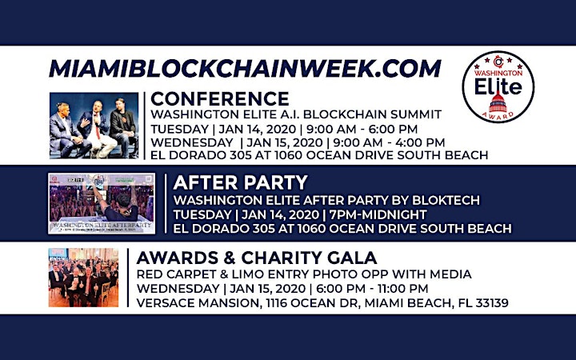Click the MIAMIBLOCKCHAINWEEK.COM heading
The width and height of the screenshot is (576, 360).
[x=245, y=69]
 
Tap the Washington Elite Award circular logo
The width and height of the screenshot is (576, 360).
[x=498, y=86]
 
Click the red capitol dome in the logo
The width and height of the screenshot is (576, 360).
[x=498, y=102]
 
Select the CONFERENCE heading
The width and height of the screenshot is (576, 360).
[x=220, y=99]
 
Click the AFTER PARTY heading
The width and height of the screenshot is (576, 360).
[x=240, y=182]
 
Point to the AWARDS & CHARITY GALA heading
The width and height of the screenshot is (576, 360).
[x=257, y=258]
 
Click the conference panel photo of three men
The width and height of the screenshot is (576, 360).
[x=94, y=126]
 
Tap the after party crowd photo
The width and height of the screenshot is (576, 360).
[x=102, y=203]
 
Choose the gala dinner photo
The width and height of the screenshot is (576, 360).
[x=83, y=278]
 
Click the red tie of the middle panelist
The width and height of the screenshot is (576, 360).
[x=98, y=130]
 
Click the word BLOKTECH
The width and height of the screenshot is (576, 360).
[x=446, y=200]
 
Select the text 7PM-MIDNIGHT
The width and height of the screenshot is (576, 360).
[x=378, y=214]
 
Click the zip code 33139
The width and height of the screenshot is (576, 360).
[x=492, y=303]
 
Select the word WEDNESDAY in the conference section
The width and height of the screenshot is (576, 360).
[x=192, y=142]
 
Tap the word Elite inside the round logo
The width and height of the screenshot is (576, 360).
[x=498, y=86]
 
